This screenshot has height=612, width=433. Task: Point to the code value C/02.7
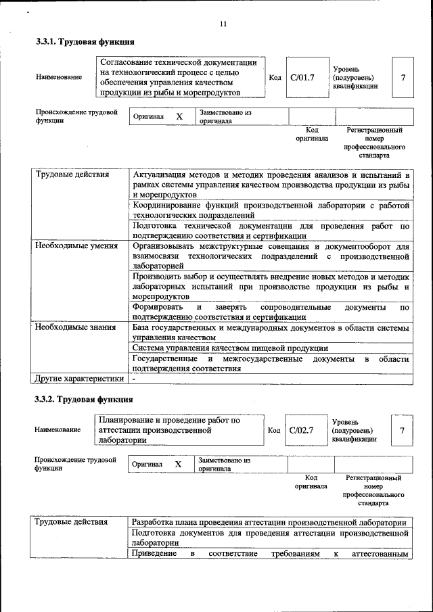(301, 430)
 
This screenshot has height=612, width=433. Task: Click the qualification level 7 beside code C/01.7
(403, 77)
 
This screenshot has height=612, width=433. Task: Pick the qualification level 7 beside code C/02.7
(402, 430)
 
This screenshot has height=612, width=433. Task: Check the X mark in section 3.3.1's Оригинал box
(179, 117)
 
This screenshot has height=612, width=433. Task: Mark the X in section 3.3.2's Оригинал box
(179, 465)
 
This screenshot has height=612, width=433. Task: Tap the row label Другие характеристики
(79, 379)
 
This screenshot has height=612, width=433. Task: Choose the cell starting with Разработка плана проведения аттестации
(269, 523)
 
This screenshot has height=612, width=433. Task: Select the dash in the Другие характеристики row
(134, 379)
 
